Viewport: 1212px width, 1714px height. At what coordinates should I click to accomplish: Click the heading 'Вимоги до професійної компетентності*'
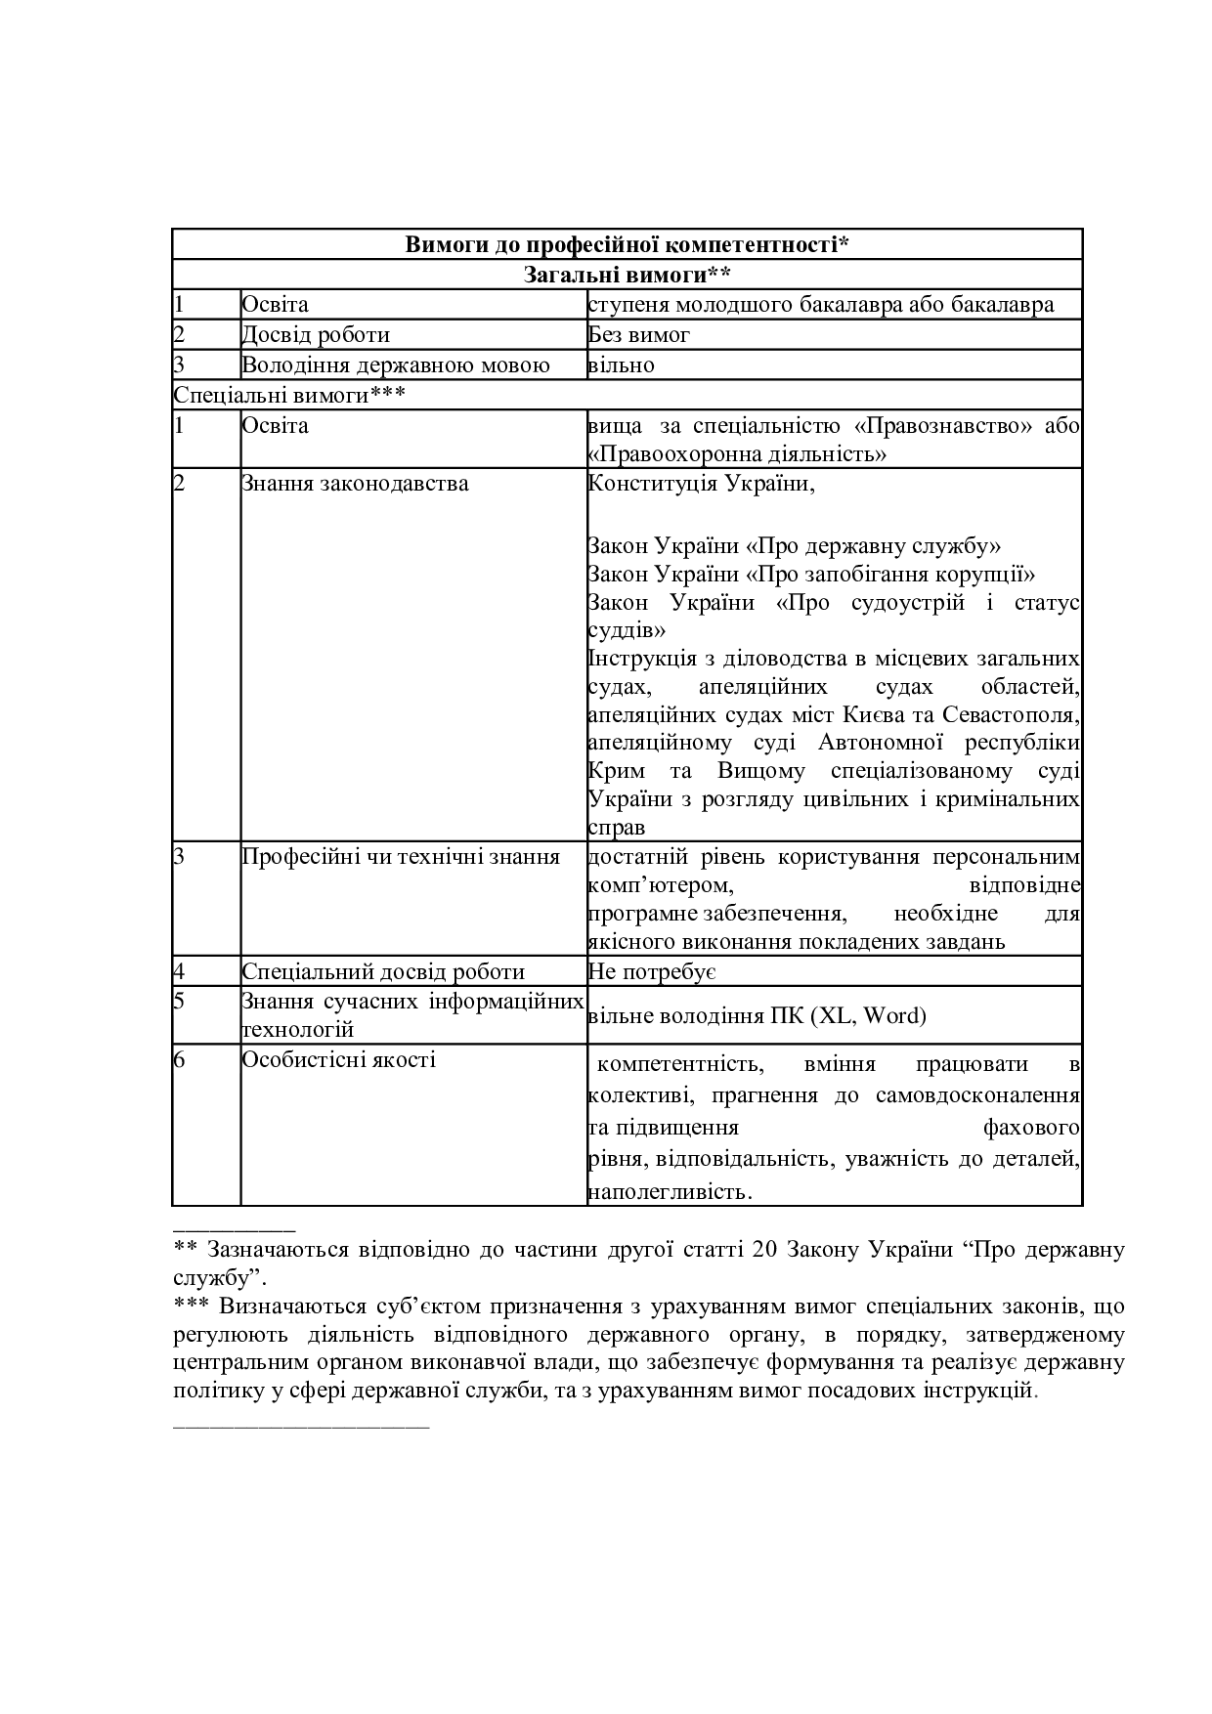click(627, 244)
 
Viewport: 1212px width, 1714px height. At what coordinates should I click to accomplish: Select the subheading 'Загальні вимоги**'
click(627, 275)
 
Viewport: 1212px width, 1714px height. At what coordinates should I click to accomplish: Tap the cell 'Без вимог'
click(639, 335)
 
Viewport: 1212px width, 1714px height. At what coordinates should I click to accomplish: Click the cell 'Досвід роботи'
click(316, 335)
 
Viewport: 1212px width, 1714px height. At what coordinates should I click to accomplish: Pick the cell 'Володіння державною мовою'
click(395, 365)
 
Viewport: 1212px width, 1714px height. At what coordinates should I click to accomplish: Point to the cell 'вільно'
click(622, 365)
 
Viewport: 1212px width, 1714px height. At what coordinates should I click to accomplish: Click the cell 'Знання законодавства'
click(355, 484)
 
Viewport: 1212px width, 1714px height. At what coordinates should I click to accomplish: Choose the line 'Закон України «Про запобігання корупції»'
click(811, 574)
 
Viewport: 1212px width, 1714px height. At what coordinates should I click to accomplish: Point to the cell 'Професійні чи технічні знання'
click(401, 857)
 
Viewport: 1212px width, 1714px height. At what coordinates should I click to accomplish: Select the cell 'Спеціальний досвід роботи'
click(383, 972)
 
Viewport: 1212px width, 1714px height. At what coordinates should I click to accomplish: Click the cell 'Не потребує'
click(653, 972)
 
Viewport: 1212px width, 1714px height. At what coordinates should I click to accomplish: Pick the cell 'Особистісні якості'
click(338, 1060)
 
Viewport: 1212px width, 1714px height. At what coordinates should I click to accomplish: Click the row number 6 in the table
click(180, 1060)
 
